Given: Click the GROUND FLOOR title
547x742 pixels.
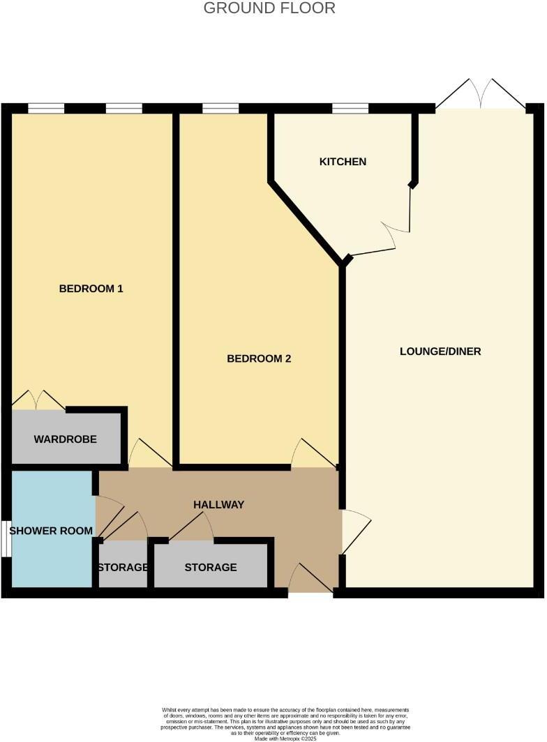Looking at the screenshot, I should coord(269,8).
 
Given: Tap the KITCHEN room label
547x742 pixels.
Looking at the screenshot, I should coord(343,162).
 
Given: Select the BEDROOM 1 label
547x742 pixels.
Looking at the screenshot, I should coord(91,288).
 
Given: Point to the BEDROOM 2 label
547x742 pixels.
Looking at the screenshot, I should coord(259,358).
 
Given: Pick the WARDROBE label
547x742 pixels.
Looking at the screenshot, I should coord(65,439).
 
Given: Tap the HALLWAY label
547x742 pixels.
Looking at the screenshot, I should coord(218,504).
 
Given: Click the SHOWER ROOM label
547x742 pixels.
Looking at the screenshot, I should coord(51,531).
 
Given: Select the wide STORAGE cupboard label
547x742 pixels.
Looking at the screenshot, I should coord(210,568).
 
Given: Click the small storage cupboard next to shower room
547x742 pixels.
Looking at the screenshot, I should coord(122,568).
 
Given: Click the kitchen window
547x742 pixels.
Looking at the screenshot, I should coord(350,108).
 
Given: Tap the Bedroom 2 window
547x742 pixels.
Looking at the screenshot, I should coord(220,108).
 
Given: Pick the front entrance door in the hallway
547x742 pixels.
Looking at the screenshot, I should coord(311,579).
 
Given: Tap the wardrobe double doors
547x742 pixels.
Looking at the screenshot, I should coord(38,400).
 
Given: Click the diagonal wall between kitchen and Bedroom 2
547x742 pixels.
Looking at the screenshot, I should coord(307,222).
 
